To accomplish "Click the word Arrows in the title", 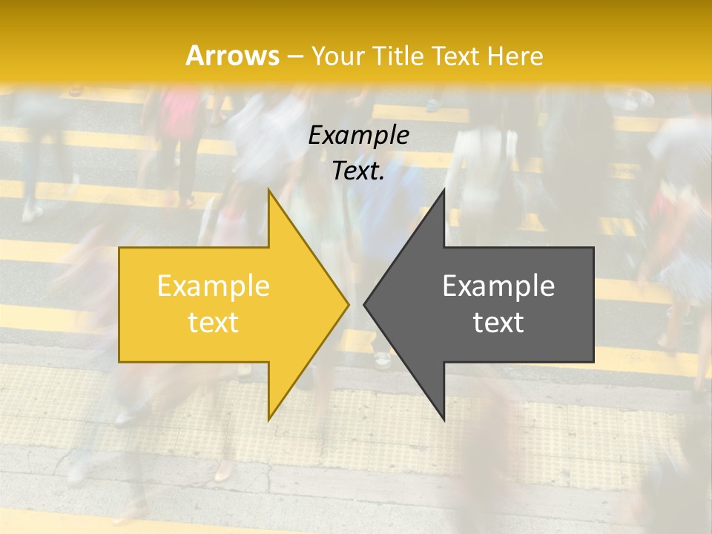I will [x=232, y=56].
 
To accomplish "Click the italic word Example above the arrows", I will [x=358, y=135].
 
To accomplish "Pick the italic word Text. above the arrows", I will [x=358, y=171].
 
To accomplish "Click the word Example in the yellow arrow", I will [x=214, y=286].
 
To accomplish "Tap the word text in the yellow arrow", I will [x=214, y=322].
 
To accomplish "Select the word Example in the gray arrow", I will [x=498, y=286].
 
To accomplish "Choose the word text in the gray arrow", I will [x=498, y=322].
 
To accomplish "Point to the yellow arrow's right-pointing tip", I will [x=348, y=304].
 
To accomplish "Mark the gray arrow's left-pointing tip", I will [x=364, y=304].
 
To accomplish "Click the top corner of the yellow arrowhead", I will [x=268, y=189].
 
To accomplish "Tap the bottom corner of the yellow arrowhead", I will [x=268, y=420].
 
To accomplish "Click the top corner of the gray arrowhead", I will [x=444, y=189].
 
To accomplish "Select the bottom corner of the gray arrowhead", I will [x=444, y=420].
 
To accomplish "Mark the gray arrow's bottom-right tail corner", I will [x=593, y=362].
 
